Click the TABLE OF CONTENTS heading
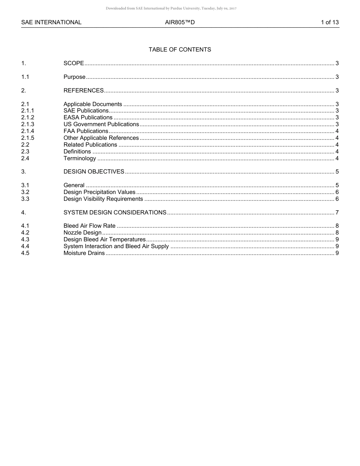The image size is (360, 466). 180,50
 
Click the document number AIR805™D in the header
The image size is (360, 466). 180,22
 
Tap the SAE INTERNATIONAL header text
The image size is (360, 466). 51,22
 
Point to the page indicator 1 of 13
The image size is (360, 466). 330,22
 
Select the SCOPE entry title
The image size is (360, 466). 74,63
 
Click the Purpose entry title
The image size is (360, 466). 74,77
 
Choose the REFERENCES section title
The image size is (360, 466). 83,91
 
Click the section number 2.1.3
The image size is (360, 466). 28,124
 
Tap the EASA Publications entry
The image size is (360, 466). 88,117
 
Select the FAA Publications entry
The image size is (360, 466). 86,131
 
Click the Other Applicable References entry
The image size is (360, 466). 101,138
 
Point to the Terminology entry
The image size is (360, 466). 80,158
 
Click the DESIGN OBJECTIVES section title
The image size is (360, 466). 94,172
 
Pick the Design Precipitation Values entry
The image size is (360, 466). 99,192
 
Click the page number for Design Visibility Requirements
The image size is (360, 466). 337,199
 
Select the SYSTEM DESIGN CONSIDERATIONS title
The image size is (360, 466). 115,213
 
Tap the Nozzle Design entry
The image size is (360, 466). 82,233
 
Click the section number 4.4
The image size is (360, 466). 25,246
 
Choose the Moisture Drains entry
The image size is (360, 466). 84,253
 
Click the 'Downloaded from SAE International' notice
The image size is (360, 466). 171,8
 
